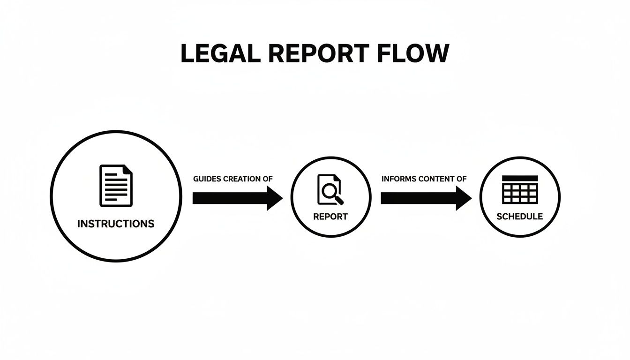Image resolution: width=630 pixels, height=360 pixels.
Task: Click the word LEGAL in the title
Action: pos(220,53)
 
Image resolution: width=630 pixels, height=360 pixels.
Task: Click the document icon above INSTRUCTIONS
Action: pos(116,186)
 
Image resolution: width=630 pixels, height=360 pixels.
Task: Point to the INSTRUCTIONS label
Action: pos(116,224)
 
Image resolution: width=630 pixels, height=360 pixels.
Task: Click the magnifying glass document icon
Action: pos(330,189)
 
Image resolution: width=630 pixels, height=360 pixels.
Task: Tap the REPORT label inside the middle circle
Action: pos(330,217)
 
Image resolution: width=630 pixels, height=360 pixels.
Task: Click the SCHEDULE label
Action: pos(520,217)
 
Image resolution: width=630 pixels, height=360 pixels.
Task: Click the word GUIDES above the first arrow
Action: pos(207,179)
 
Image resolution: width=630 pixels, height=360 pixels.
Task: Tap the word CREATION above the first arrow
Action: pos(242,179)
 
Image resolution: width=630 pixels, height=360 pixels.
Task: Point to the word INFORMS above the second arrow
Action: pos(398,179)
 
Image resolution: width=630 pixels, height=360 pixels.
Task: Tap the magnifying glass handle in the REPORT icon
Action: pos(339,200)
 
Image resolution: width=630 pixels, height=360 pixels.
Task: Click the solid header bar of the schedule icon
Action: pos(520,178)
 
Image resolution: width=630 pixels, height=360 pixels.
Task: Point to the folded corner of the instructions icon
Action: pos(128,169)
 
